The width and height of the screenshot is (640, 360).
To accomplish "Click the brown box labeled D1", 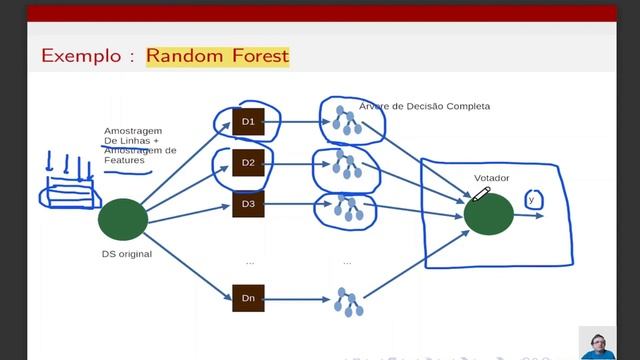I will pos(248,122).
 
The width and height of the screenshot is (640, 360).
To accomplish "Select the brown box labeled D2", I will pos(248,161).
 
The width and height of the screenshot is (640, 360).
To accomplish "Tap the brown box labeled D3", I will pos(248,205).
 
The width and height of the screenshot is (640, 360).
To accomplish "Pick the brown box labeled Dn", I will pos(248,297).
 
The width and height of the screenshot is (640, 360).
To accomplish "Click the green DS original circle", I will pos(123,219).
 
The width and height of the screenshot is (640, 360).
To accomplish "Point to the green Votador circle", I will pos(489,215).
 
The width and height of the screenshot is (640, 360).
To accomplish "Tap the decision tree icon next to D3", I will pos(348,207).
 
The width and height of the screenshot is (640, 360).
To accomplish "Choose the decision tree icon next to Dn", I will pos(347,301).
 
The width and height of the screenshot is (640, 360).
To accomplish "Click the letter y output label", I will pos(531,200).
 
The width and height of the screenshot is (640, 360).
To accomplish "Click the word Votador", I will pos(491,178).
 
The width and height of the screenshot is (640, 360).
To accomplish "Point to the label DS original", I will pos(126,255).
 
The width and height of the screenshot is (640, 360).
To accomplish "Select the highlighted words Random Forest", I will pos(217,56).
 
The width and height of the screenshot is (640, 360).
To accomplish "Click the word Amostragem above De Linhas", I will pos(133,131).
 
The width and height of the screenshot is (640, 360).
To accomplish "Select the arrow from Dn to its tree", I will pos(297,297).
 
